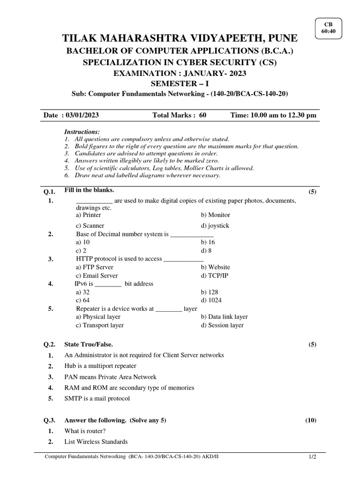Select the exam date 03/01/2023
click(x=82, y=115)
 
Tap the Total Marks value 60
click(x=202, y=115)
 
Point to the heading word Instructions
click(x=82, y=132)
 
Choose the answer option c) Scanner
click(x=90, y=225)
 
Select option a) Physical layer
click(x=98, y=317)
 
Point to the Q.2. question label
click(x=50, y=344)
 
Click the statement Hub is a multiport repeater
click(x=100, y=366)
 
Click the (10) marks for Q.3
click(x=311, y=420)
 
